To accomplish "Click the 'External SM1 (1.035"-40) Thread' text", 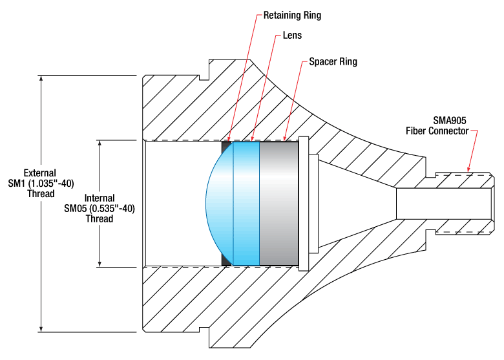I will pos(39,183).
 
